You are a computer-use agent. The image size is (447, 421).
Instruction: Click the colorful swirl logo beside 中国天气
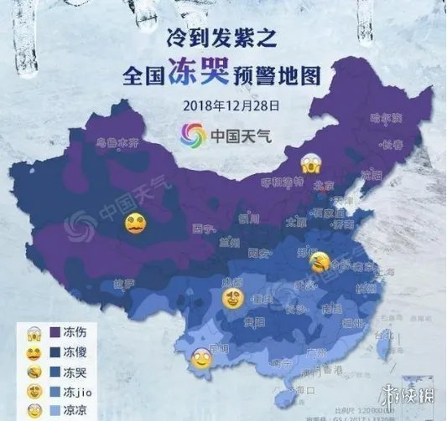[x=193, y=133]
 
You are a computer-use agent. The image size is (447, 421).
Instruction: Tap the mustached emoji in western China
[x=135, y=224]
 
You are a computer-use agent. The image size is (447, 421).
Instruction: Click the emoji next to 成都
[x=232, y=298]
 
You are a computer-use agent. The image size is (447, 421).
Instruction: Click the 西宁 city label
[x=200, y=226]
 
